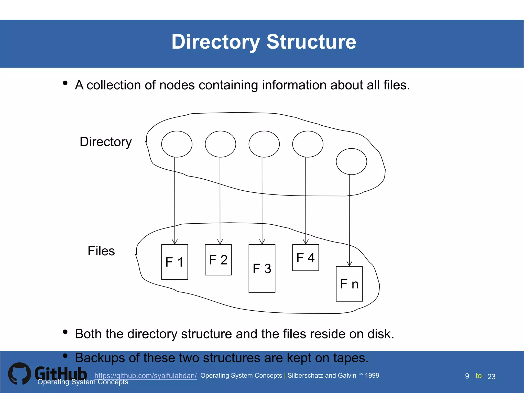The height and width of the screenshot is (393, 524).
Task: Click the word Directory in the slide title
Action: tap(216, 42)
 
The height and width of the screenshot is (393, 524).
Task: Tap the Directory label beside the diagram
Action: tap(106, 142)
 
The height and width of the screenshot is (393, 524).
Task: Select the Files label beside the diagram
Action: tap(101, 251)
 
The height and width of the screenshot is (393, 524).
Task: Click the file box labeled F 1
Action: tap(174, 262)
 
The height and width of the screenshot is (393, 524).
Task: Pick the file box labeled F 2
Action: tap(218, 260)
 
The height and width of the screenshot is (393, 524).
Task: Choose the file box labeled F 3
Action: tap(262, 268)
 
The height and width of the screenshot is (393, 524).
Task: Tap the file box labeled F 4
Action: tap(305, 258)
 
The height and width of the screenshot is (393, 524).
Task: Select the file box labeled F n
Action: tap(349, 284)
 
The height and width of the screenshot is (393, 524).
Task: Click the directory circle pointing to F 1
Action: tap(177, 144)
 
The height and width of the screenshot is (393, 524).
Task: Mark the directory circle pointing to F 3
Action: tap(264, 144)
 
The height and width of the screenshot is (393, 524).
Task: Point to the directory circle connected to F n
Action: tap(351, 161)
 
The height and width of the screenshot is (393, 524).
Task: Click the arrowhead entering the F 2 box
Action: tap(220, 242)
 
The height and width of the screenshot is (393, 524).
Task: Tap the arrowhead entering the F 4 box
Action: tap(306, 242)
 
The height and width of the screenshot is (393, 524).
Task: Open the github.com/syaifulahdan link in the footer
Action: tap(145, 376)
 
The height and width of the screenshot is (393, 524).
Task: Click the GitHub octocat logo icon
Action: tap(19, 374)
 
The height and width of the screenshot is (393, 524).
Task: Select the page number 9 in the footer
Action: tap(467, 376)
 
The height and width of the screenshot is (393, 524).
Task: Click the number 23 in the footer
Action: tap(492, 377)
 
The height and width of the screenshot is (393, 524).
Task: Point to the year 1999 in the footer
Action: tap(372, 375)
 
